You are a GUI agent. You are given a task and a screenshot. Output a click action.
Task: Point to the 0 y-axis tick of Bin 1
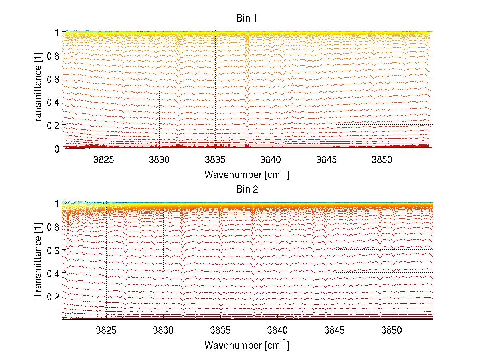tap(57, 149)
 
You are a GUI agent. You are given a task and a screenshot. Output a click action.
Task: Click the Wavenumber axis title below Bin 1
tap(247, 175)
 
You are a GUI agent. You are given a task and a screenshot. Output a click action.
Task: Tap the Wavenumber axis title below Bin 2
tap(247, 345)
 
